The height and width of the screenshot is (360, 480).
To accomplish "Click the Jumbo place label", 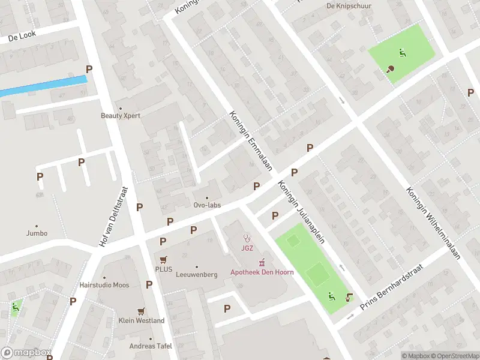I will [37, 233].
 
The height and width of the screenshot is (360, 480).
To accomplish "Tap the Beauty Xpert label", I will [120, 115].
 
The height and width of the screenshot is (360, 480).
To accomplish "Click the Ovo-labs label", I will [207, 205].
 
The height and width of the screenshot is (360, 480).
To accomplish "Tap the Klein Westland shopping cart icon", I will [141, 311].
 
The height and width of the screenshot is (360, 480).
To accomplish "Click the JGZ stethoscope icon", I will [246, 238].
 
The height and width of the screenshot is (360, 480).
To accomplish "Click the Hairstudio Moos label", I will [104, 285].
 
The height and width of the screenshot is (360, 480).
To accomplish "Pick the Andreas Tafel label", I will [151, 346].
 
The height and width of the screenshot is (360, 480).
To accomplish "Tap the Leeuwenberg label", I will [196, 274].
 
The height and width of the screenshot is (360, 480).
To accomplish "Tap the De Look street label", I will [22, 36].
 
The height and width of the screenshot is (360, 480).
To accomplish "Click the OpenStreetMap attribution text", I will [453, 356].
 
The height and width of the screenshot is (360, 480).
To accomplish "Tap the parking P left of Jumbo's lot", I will [40, 176].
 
